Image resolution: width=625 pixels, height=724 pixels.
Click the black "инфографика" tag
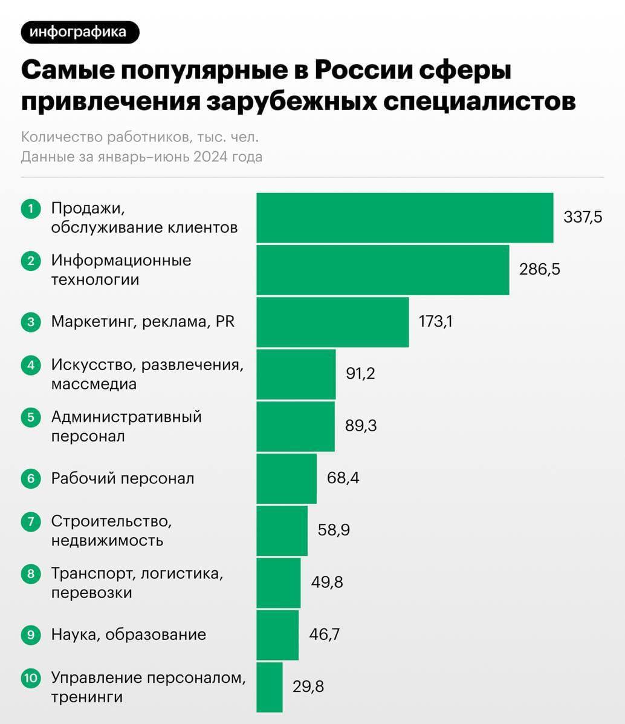click(x=80, y=32)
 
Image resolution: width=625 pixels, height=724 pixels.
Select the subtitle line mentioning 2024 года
click(x=141, y=157)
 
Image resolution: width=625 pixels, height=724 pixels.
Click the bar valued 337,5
click(x=404, y=218)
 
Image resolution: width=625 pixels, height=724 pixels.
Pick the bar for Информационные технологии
click(x=383, y=270)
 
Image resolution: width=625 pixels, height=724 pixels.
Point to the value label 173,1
click(x=435, y=321)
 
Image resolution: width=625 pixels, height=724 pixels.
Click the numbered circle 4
click(x=31, y=365)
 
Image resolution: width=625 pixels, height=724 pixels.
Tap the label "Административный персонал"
click(x=126, y=426)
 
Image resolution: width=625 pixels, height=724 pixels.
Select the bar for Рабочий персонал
click(x=287, y=478)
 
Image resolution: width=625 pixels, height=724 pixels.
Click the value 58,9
click(x=334, y=530)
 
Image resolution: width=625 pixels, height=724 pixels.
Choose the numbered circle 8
click(x=31, y=573)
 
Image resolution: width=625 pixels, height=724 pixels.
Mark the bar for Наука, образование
click(x=277, y=634)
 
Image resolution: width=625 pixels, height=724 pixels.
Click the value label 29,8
click(x=308, y=687)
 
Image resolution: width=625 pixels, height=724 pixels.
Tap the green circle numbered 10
click(x=31, y=677)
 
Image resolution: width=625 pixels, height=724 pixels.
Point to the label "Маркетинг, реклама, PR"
click(x=143, y=321)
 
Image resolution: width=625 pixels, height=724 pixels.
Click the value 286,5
click(x=539, y=269)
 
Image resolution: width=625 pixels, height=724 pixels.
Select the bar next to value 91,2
click(x=296, y=374)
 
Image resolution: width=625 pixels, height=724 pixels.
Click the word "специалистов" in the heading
click(x=479, y=101)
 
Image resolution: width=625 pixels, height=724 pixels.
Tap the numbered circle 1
click(x=31, y=209)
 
